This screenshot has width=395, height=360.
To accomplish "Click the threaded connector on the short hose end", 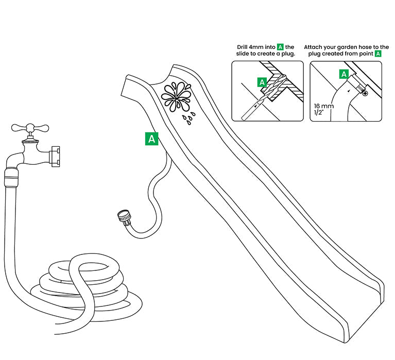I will [124, 216].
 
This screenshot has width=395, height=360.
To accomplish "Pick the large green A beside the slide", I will [152, 139].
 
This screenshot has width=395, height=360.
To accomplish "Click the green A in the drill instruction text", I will [280, 47].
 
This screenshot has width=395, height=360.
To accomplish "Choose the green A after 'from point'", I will [378, 54].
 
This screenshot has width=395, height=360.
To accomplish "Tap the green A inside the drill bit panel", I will [262, 82].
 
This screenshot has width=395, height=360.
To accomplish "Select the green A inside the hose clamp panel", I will [343, 74].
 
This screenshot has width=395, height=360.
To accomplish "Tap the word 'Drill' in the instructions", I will [244, 47].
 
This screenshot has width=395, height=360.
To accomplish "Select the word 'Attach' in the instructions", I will [314, 47].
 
